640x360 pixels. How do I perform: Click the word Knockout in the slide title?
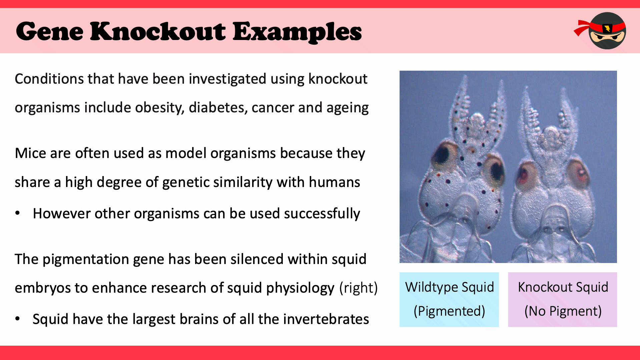(158, 31)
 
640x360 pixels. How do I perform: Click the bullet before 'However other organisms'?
(18, 213)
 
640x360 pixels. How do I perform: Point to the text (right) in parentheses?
(359, 288)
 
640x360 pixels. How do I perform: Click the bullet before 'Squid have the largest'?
(18, 319)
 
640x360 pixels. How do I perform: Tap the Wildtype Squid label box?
(449, 299)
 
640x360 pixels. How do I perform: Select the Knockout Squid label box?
(563, 299)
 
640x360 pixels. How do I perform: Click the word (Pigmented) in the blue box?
(449, 311)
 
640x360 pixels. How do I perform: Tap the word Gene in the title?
(50, 31)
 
